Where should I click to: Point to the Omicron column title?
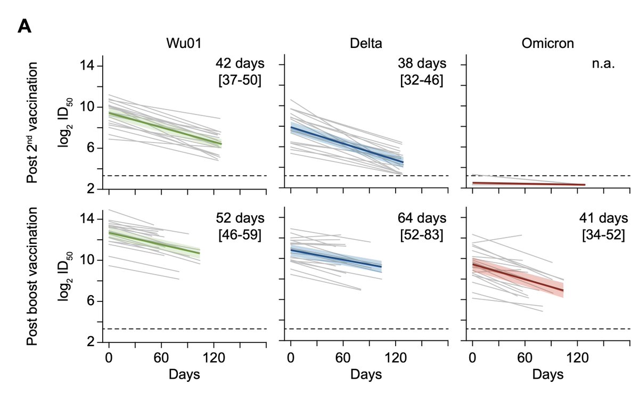tap(546, 44)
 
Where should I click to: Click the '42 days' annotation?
tap(240, 64)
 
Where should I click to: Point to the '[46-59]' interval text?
tap(240, 234)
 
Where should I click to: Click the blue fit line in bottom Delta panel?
tap(335, 258)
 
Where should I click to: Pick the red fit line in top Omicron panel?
tap(527, 184)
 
